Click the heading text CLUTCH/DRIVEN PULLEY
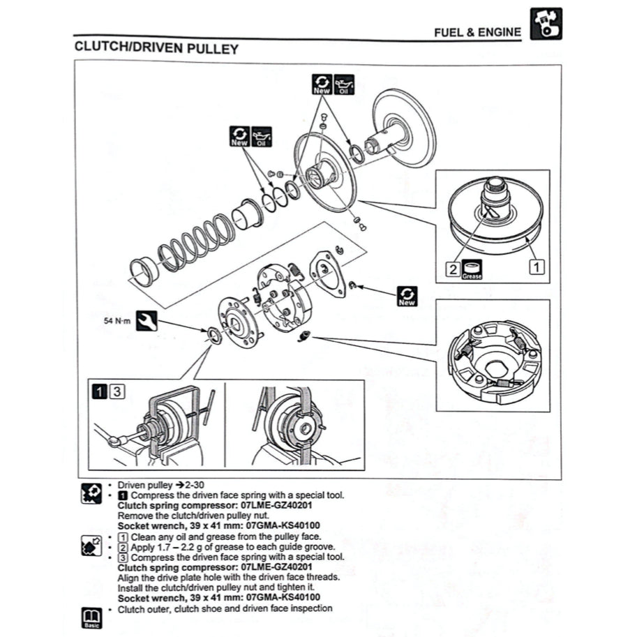[x=156, y=49]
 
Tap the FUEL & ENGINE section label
[x=477, y=32]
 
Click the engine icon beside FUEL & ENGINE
[x=546, y=24]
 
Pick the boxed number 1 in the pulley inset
[x=537, y=265]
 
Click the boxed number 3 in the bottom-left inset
[x=117, y=391]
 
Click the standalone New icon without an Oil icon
[x=407, y=295]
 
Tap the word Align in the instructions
[x=130, y=577]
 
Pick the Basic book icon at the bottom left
[x=91, y=617]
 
